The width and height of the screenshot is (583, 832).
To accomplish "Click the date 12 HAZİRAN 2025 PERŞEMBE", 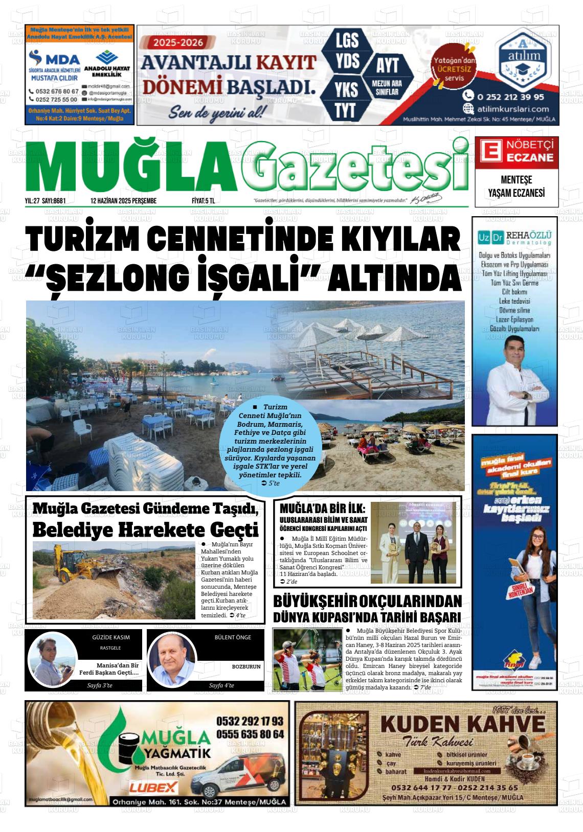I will pos(123,201).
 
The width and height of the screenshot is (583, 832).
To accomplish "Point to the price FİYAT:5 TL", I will pos(199,201).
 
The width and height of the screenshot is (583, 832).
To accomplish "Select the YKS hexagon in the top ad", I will pos(346,89).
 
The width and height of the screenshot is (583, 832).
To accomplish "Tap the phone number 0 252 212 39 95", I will pos(510,96).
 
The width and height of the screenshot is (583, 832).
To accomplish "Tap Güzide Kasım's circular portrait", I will pos(52,661).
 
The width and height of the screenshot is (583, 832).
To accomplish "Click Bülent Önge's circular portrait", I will pos(172,661).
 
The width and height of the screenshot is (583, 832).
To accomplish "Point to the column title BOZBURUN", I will pos(246,666).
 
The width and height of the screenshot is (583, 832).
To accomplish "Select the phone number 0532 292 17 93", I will pos(250,721).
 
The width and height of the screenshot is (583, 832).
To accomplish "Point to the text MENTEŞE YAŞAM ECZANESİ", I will pos(517,187).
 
